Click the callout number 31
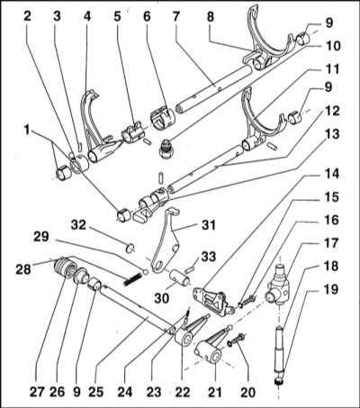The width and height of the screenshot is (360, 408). pos(207,225)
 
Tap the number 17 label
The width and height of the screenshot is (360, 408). pos(331,243)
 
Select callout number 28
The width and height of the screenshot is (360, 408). pos(23,268)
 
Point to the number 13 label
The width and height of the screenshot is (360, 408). pos(331,133)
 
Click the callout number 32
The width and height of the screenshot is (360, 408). pos(79,224)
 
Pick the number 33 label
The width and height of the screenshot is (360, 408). pos(208,257)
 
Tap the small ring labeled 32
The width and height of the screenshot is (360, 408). pos(130,249)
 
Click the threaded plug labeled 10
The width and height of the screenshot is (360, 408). pos(165,148)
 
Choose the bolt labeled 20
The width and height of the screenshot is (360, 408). pos(236,340)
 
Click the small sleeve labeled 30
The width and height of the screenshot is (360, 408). pos(180,277)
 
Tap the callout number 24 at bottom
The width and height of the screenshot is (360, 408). pos(125,392)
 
